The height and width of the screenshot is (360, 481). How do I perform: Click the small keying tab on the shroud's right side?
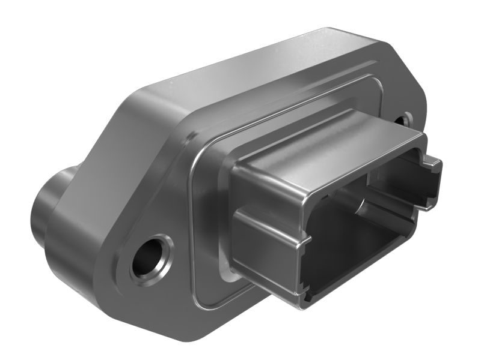[430, 180]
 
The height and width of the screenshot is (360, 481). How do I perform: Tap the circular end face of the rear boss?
[39, 207]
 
